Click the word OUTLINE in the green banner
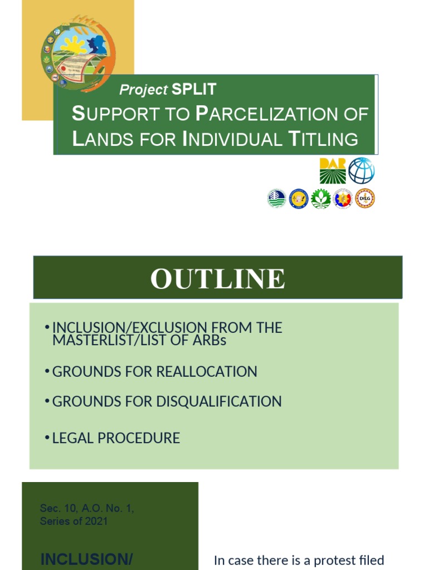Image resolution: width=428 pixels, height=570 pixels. point(217,278)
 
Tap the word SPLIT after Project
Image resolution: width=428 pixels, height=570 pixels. point(194,89)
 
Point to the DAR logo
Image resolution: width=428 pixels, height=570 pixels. point(332,170)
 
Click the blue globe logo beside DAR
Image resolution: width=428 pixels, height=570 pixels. point(362,170)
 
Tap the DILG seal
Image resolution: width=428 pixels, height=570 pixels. point(365,198)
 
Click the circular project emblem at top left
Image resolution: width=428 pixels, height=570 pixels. point(78,54)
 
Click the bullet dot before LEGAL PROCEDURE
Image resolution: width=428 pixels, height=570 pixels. point(47,438)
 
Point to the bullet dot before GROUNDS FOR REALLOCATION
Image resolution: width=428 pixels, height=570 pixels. point(47,371)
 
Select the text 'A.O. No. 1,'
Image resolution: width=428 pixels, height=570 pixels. point(103,508)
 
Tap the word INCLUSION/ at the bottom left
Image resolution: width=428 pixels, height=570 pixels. point(86,559)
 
